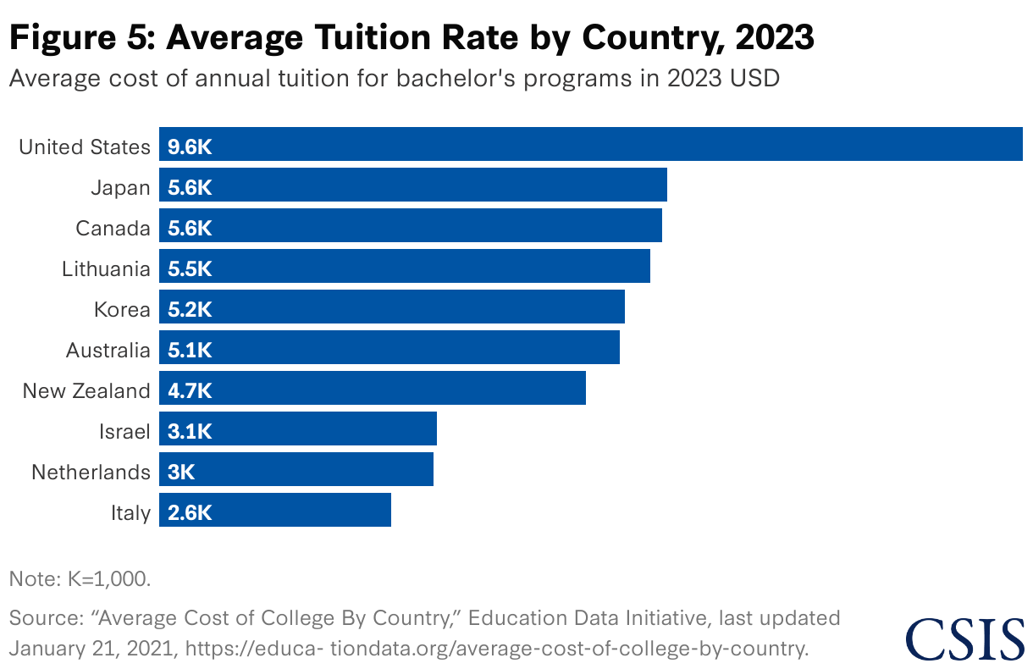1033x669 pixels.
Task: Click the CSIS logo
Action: pos(964,639)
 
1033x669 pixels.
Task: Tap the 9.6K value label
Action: pos(190,147)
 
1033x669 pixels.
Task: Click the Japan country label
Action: pos(121,188)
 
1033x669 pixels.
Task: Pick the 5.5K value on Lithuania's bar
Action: pos(190,269)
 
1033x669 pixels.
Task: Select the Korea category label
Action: pos(122,310)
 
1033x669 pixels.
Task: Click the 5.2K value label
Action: pos(190,310)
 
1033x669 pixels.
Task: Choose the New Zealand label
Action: pos(86,391)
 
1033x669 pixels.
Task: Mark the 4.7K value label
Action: pos(190,391)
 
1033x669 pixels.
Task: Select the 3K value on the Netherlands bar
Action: pos(181,473)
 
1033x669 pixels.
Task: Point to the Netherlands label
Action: pos(91,473)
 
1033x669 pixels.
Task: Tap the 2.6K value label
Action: pos(190,513)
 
